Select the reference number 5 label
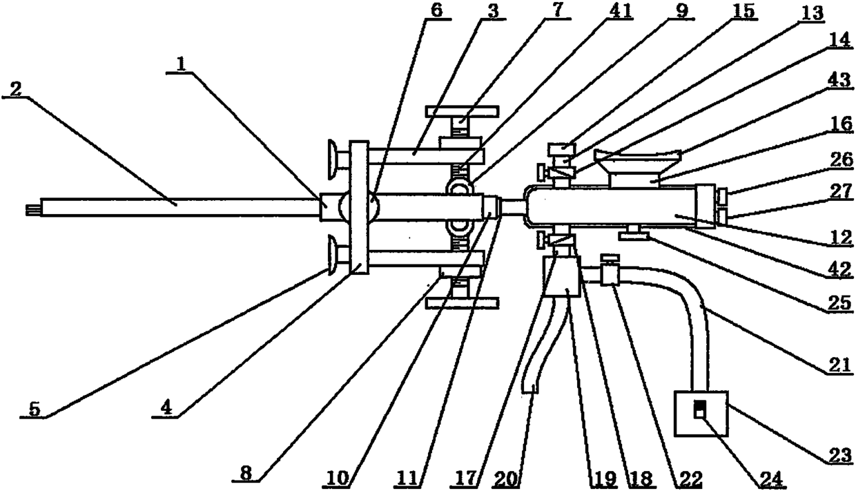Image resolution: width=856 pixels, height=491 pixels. coord(35,409)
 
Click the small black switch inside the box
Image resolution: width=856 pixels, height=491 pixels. coord(699,410)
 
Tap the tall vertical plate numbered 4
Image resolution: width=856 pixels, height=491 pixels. coord(358,207)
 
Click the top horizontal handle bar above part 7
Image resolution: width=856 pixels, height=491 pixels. coord(462,111)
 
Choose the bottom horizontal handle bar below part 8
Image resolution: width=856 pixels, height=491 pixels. coord(462,302)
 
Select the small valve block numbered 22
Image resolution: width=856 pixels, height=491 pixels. coord(610,273)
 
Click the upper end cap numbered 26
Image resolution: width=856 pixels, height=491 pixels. coord(721,196)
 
